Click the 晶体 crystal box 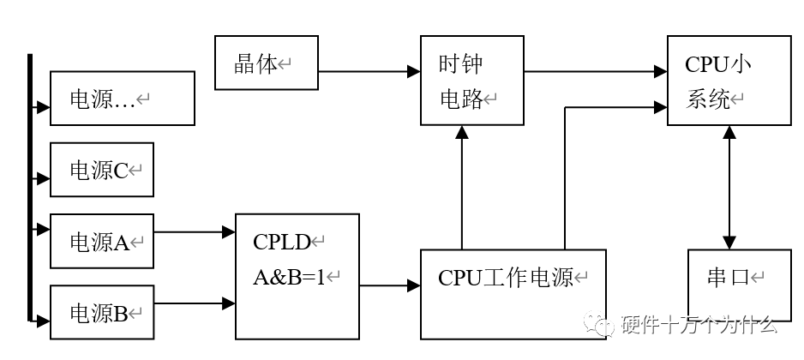(266, 63)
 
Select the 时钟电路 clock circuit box (471, 81)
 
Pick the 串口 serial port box (739, 279)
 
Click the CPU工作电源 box (513, 293)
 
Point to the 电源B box (102, 312)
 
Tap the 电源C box (102, 170)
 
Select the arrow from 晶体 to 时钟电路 (369, 72)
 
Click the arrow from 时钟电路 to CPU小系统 (595, 72)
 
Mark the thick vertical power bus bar (30, 189)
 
